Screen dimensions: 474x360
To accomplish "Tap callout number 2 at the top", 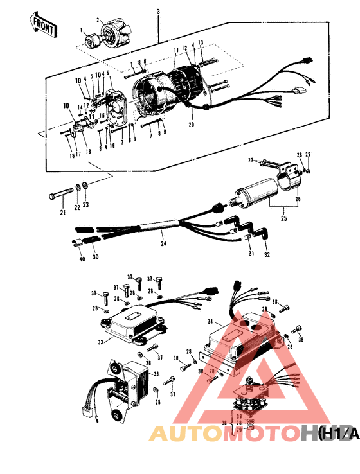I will pyautogui.click(x=98, y=19).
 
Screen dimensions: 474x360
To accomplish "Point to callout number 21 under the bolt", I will pyautogui.click(x=63, y=213).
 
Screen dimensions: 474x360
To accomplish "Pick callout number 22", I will pyautogui.click(x=78, y=207).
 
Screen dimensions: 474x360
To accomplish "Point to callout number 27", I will pyautogui.click(x=249, y=160).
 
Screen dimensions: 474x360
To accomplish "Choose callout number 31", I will pyautogui.click(x=249, y=254).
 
